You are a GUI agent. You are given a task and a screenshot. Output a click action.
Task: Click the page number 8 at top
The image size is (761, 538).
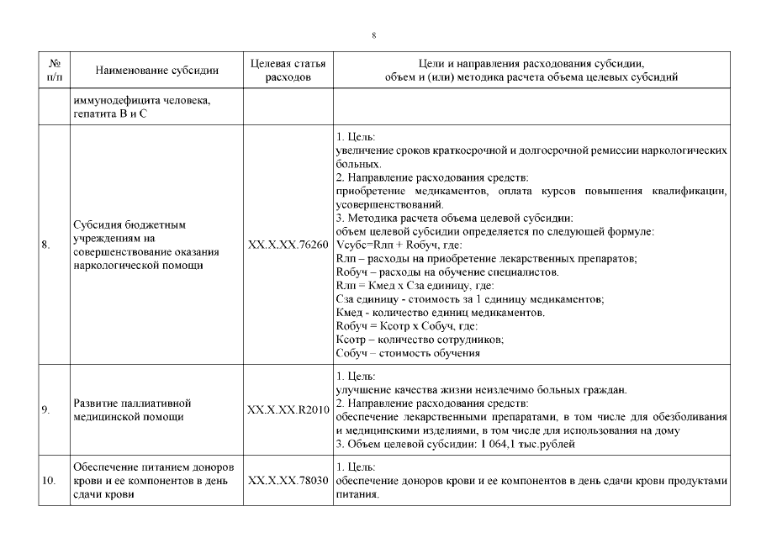[373, 34]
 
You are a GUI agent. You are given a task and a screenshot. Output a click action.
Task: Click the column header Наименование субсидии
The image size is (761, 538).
[157, 71]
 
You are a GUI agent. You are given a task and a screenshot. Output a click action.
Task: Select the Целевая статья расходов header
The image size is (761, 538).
[288, 71]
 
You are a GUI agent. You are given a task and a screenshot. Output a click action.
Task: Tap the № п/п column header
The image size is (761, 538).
[55, 71]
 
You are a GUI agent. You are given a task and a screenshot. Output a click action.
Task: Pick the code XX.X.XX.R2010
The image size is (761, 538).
[288, 411]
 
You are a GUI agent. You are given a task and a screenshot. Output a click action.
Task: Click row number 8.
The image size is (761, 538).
[45, 245]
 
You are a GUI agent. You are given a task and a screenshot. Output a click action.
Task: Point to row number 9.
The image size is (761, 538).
[45, 411]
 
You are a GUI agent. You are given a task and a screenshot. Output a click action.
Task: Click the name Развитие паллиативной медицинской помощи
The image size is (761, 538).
[133, 411]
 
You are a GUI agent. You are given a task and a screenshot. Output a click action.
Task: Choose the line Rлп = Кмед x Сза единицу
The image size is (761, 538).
[394, 286]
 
